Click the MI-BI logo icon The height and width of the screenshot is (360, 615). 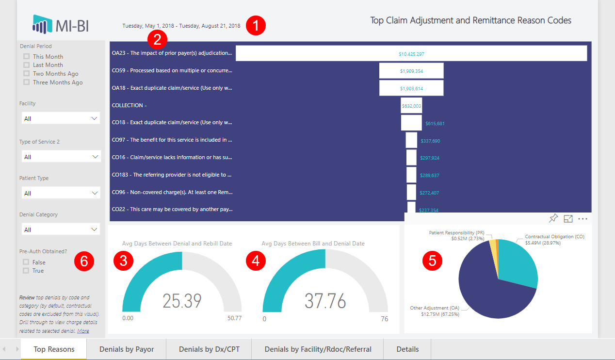(x=42, y=23)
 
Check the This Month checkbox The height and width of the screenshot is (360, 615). (x=26, y=57)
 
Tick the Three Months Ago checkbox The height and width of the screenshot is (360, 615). (x=26, y=82)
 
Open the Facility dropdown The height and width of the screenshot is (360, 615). (x=61, y=118)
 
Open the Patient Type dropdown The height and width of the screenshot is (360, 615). (x=61, y=193)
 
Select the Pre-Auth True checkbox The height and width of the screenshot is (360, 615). (x=26, y=271)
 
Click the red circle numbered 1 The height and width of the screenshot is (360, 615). (x=256, y=26)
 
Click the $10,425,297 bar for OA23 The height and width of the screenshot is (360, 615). (x=411, y=53)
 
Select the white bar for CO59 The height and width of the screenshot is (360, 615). (x=411, y=71)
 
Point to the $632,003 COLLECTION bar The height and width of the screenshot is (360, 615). (x=411, y=105)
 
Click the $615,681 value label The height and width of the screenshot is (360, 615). (x=435, y=124)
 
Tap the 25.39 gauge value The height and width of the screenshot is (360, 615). (x=182, y=301)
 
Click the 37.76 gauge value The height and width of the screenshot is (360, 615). (x=325, y=301)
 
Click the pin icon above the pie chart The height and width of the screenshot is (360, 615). (x=553, y=219)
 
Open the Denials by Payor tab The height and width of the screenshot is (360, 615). (x=127, y=349)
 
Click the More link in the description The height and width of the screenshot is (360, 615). (x=83, y=331)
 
